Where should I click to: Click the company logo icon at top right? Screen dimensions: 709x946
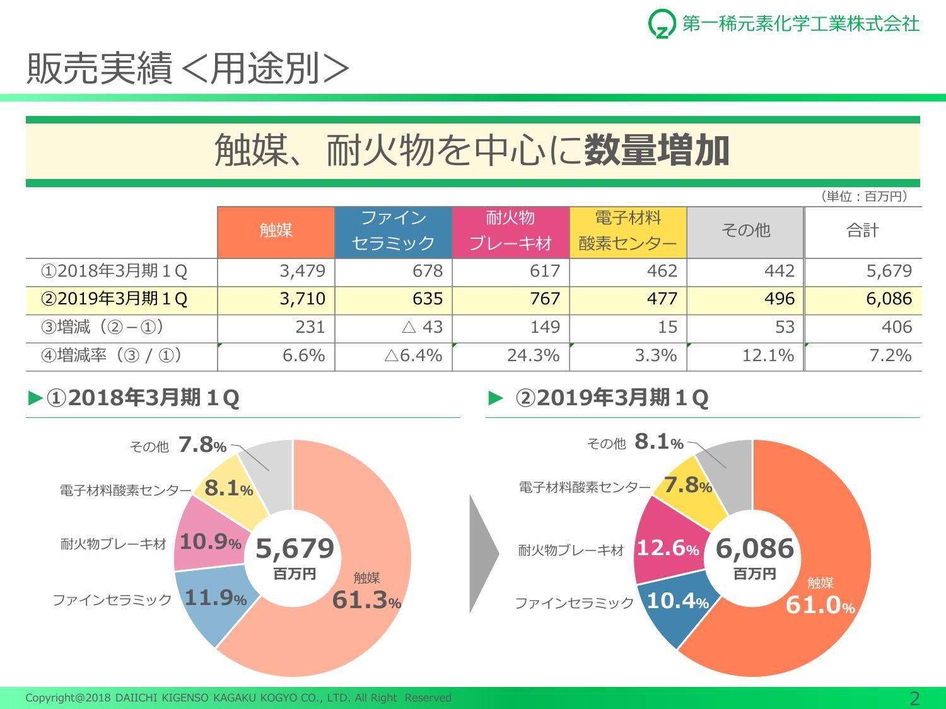(661, 25)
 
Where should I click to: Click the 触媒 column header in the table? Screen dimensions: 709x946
(276, 231)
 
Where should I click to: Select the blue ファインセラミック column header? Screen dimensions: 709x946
(394, 231)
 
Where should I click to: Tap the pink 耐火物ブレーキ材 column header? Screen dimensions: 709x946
(511, 231)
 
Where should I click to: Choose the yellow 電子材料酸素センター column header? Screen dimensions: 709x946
(628, 231)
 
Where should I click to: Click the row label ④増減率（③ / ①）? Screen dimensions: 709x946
(112, 355)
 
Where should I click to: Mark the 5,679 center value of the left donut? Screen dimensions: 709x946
(295, 549)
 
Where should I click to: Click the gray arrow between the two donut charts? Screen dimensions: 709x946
(484, 554)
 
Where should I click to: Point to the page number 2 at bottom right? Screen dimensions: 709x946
(914, 698)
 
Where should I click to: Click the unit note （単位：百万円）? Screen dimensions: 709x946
(864, 197)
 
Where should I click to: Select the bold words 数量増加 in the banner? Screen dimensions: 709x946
(657, 151)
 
